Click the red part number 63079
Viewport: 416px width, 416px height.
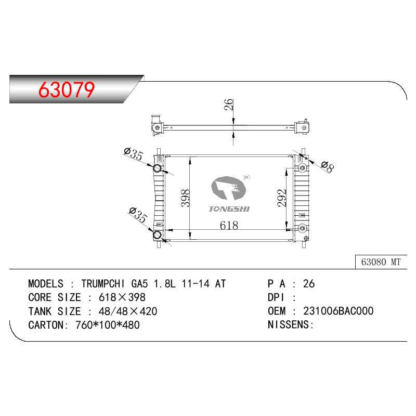pyautogui.click(x=67, y=89)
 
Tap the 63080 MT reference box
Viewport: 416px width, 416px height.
pyautogui.click(x=381, y=262)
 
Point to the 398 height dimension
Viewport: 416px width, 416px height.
pyautogui.click(x=185, y=198)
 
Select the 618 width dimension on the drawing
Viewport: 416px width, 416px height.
pyautogui.click(x=229, y=226)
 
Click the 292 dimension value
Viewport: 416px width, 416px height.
pyautogui.click(x=282, y=198)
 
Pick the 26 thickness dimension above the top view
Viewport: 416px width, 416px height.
pyautogui.click(x=228, y=105)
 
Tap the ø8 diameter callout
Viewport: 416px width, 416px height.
pyautogui.click(x=328, y=167)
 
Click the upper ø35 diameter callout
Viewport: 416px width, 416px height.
pyautogui.click(x=134, y=154)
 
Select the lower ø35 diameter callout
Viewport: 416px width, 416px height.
pyautogui.click(x=138, y=215)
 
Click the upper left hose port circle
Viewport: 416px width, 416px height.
pyautogui.click(x=158, y=168)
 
